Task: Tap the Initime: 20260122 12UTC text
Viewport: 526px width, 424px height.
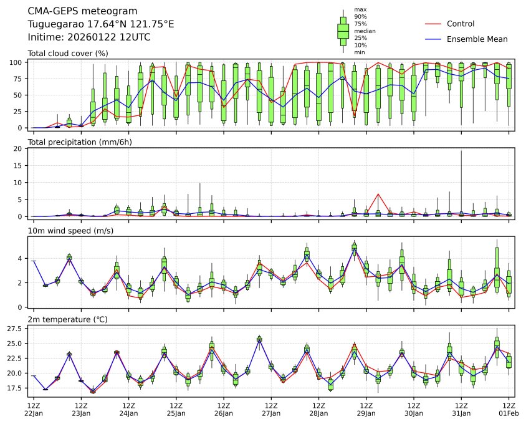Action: [x=89, y=37]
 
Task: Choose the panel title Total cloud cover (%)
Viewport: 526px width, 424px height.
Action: [x=68, y=53]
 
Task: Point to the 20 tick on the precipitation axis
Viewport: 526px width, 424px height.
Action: [x=19, y=149]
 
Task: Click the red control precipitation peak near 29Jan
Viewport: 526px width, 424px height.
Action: [x=378, y=194]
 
